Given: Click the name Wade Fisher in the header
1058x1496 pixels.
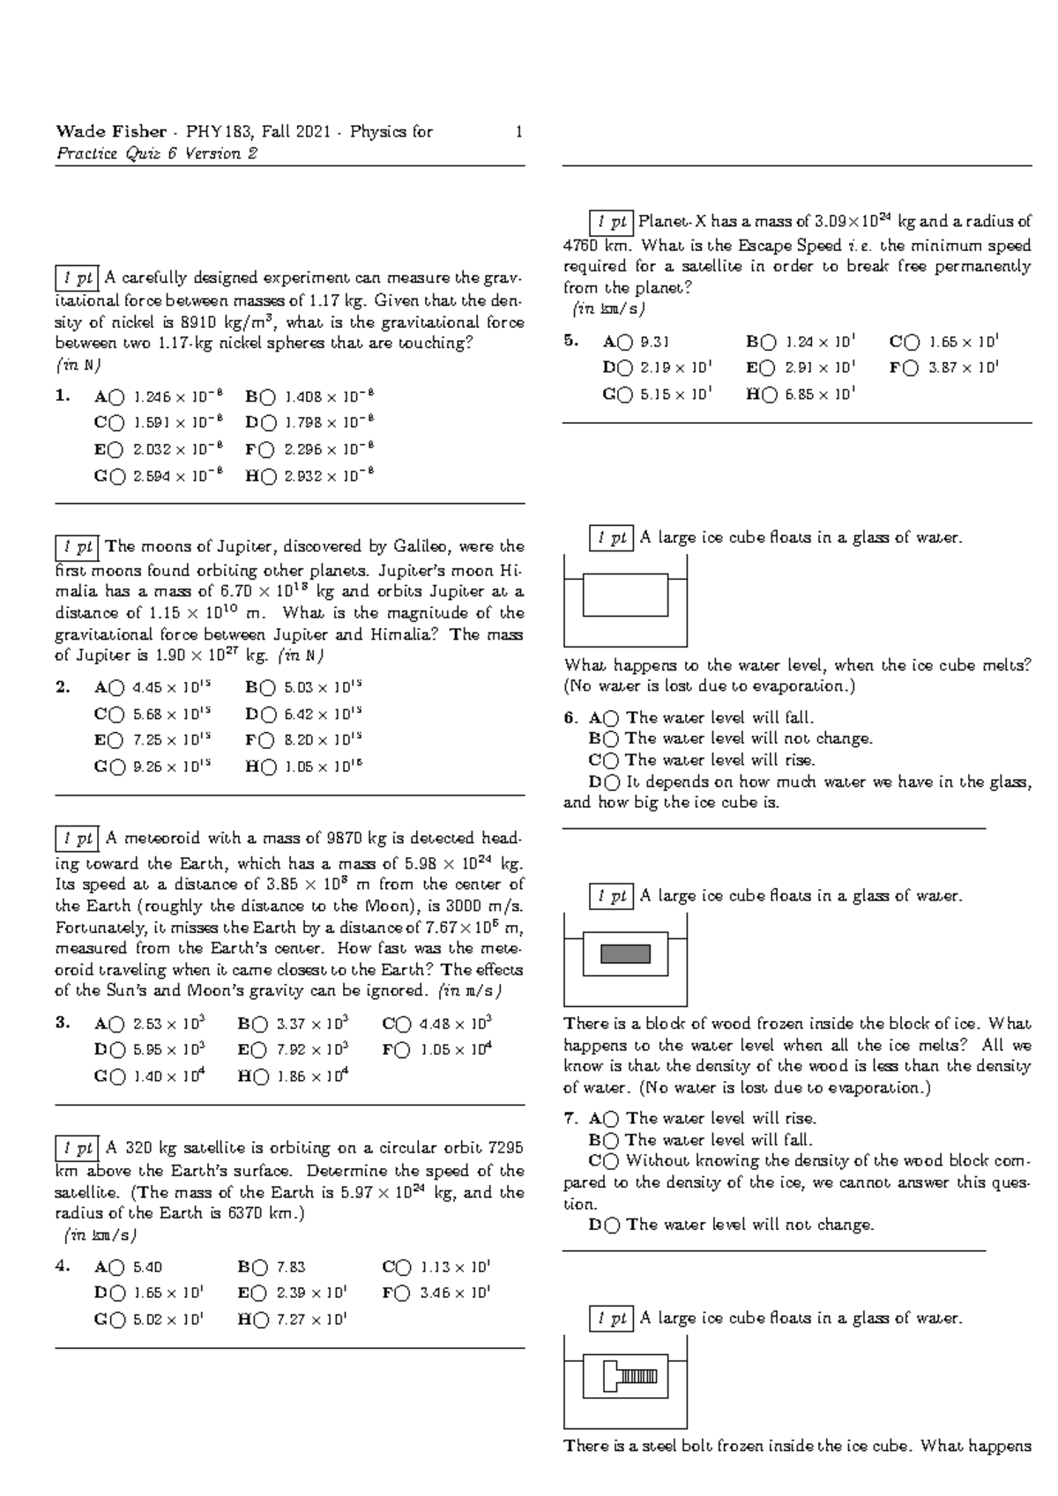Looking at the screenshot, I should (110, 132).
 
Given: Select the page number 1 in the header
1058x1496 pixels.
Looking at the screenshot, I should (519, 132).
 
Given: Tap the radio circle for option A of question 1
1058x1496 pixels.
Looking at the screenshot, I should (118, 397).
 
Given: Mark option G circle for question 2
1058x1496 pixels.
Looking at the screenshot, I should (118, 767).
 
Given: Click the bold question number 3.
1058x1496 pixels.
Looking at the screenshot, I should (62, 1023).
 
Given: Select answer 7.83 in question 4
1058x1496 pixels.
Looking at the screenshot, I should (291, 1268).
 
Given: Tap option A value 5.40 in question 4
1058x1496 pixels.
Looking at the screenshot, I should (147, 1268).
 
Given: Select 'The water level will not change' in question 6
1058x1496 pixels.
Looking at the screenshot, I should (749, 738).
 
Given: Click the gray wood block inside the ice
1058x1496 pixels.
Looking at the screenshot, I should (625, 953).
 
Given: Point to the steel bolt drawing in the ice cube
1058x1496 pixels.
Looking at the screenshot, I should (630, 1376).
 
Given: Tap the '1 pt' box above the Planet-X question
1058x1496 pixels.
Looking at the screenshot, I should (611, 222).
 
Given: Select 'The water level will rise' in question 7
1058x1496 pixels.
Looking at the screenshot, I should (721, 1119).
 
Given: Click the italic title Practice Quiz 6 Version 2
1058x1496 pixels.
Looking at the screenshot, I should (157, 154).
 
